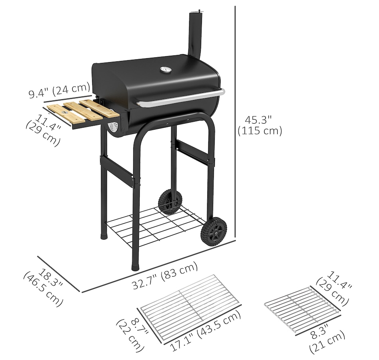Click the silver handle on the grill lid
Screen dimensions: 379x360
[180, 98]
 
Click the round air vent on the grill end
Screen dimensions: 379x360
[113, 127]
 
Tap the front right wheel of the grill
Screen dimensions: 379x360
[214, 232]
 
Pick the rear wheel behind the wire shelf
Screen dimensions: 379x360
[170, 202]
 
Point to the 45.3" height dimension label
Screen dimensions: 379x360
[260, 126]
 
